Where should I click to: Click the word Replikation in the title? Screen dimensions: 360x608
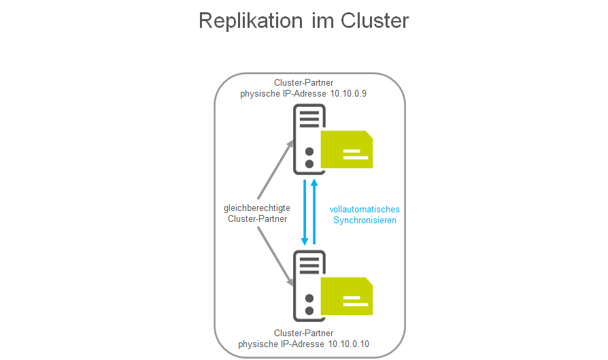click(249, 20)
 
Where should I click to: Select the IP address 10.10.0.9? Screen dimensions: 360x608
click(347, 94)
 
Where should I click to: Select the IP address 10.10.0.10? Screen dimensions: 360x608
click(348, 344)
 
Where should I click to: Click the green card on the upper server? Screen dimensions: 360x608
click(347, 149)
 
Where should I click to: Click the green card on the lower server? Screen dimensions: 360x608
click(347, 295)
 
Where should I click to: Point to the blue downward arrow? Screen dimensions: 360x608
click(305, 212)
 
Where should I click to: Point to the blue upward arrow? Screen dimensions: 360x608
click(314, 212)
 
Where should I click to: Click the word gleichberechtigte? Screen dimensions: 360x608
click(258, 208)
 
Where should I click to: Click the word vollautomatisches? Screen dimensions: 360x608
click(365, 210)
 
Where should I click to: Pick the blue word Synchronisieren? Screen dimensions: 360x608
click(365, 220)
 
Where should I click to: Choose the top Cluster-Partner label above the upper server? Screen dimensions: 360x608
click(303, 83)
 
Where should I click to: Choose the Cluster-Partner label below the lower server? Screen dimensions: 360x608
click(303, 333)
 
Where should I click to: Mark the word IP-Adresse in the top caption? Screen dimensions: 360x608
click(303, 94)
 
